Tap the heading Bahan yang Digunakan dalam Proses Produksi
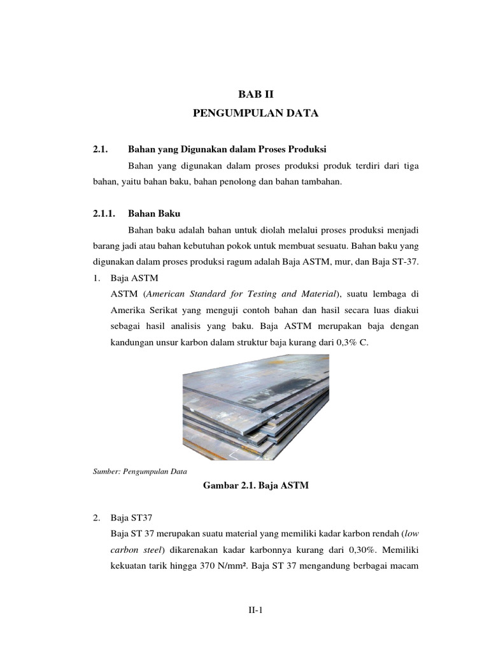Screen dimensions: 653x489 point(227,149)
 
